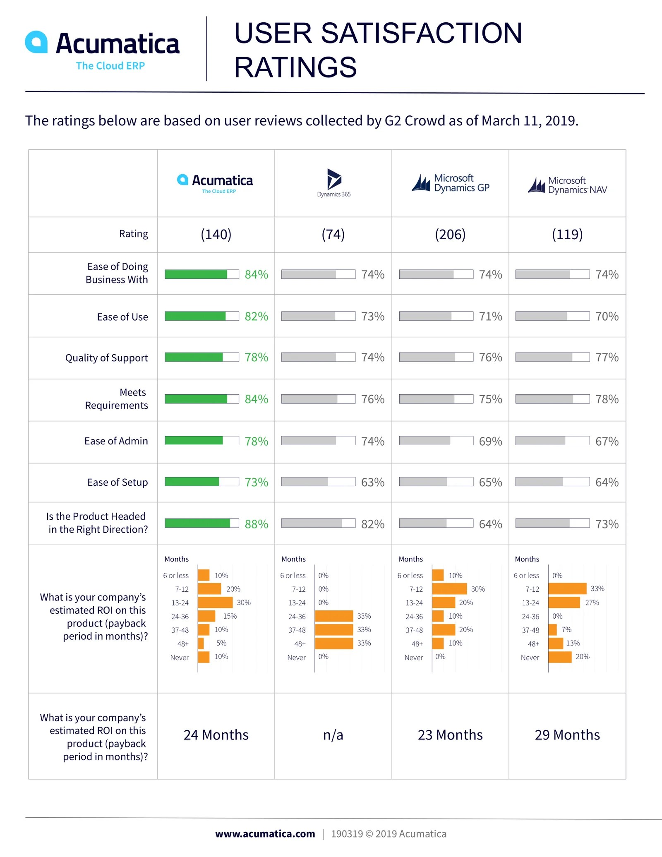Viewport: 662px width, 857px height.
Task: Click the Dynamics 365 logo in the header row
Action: (x=334, y=182)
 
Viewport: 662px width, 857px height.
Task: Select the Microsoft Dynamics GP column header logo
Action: (x=451, y=183)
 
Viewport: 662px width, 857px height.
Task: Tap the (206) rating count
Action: (x=450, y=235)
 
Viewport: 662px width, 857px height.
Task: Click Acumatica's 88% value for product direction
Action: (x=257, y=524)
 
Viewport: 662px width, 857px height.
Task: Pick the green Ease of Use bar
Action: (x=195, y=316)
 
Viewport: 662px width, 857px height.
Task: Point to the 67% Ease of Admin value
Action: (x=607, y=441)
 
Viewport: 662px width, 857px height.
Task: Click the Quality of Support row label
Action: (x=106, y=358)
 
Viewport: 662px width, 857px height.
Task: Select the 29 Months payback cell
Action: (x=567, y=735)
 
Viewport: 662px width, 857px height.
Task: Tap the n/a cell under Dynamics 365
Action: (x=333, y=735)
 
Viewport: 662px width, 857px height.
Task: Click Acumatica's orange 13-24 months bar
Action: (x=215, y=603)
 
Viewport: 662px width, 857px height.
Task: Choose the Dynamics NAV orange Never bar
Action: (x=560, y=657)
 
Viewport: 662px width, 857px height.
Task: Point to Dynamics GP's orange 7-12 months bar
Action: (x=449, y=589)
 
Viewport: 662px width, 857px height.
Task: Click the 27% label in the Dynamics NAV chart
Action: (x=592, y=603)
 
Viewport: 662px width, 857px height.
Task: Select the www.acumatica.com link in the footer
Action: (x=265, y=834)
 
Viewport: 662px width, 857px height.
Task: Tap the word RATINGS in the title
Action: (x=295, y=67)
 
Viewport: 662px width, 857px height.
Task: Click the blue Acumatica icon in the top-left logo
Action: (x=36, y=42)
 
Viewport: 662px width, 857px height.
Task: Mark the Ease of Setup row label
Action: (x=118, y=483)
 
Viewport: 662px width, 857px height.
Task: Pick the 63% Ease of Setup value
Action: (x=373, y=483)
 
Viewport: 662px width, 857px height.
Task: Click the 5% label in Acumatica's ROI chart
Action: (x=221, y=643)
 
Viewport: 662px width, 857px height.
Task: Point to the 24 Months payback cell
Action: (x=216, y=735)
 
